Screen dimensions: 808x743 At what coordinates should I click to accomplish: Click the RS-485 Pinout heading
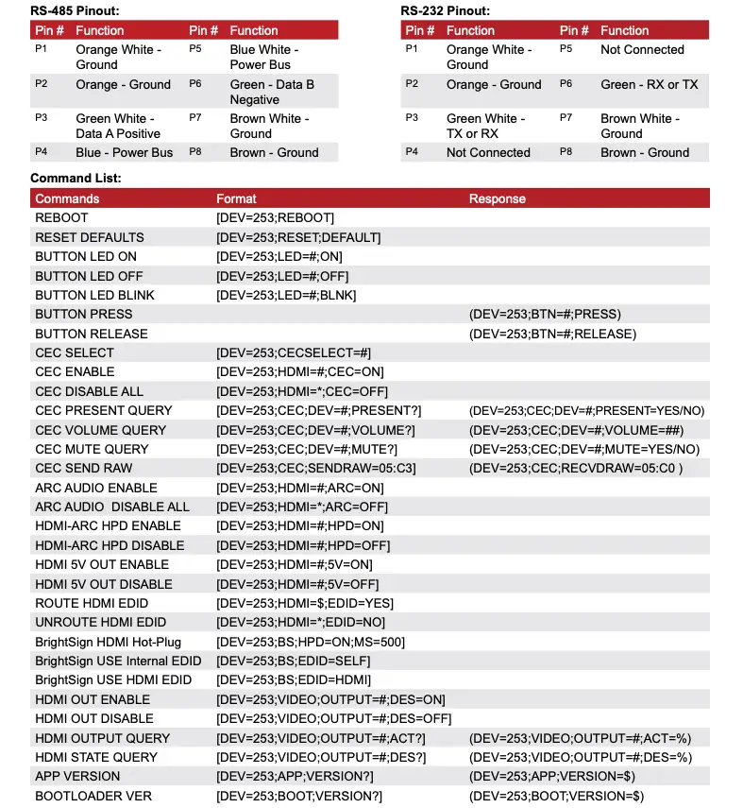(75, 10)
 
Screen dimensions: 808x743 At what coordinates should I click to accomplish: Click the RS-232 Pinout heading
(445, 10)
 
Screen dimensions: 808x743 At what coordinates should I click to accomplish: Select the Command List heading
(76, 178)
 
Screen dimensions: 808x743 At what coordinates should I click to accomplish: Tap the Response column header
(498, 198)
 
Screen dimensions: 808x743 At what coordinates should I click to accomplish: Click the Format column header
(236, 198)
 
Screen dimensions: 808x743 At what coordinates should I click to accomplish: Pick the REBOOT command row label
(61, 217)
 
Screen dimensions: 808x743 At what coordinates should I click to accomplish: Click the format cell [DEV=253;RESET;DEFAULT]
(298, 237)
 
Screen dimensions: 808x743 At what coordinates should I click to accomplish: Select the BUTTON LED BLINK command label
(94, 295)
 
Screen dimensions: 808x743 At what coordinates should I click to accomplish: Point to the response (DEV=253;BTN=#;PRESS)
(545, 314)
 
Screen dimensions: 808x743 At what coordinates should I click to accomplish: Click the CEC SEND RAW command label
(84, 468)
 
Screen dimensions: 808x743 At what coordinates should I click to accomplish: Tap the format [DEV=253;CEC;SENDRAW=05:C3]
(316, 468)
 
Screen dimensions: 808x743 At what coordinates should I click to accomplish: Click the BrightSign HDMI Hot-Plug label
(108, 642)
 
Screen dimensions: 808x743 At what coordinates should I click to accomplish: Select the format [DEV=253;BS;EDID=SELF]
(294, 661)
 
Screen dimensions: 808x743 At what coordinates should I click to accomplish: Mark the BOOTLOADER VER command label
(93, 796)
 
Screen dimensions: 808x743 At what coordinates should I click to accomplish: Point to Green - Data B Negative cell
(272, 92)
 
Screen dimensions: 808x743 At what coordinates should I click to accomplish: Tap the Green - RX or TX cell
(649, 84)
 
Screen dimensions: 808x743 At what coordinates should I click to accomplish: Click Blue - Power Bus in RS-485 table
(125, 152)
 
